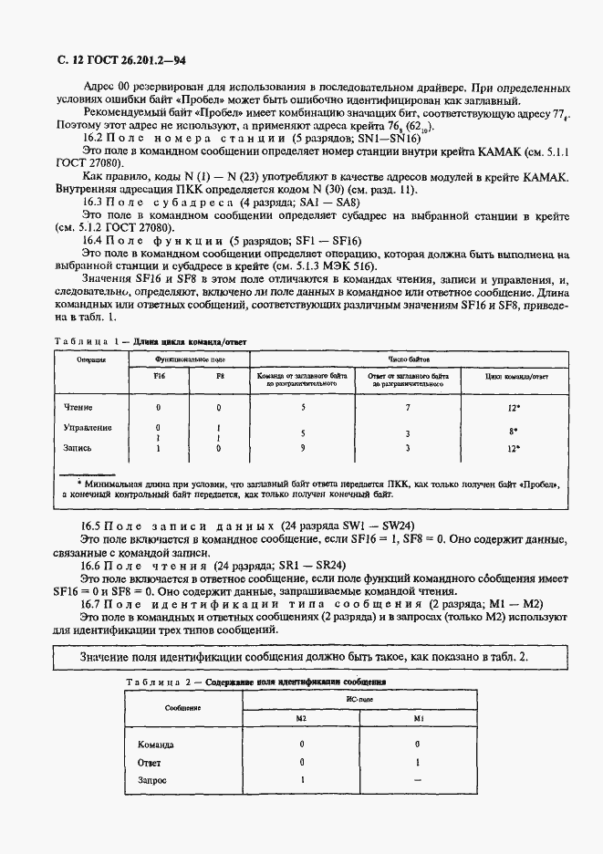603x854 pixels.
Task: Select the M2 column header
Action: (301, 718)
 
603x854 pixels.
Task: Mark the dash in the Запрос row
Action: (417, 780)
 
